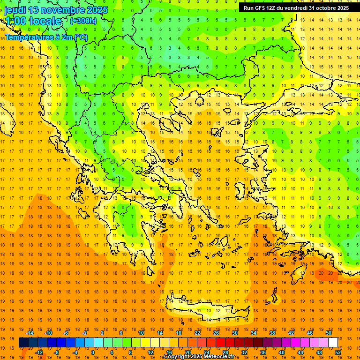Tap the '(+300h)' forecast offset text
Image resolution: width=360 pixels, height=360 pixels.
[83, 21]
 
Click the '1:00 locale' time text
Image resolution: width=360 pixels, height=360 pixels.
[33, 21]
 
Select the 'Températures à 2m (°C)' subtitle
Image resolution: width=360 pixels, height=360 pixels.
[46, 37]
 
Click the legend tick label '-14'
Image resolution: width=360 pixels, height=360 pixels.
[30, 332]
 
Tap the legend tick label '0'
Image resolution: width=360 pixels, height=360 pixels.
[93, 352]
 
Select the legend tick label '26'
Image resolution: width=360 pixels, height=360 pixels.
[216, 332]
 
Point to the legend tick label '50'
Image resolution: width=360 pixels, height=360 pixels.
[329, 332]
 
